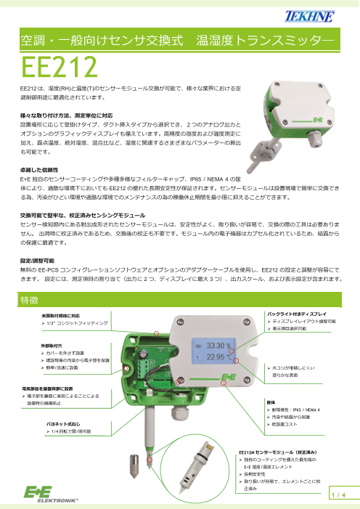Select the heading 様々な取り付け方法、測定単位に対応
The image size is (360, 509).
click(x=64, y=115)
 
